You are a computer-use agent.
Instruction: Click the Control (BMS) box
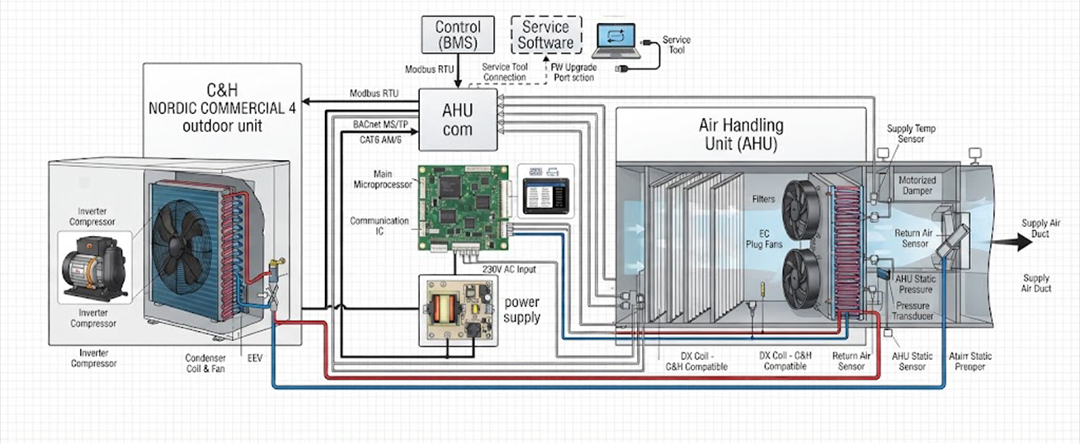[x=458, y=34]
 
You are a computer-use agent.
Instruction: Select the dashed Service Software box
[x=546, y=35]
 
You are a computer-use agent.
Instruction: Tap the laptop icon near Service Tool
[x=616, y=40]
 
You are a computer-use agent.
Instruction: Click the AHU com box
[x=458, y=120]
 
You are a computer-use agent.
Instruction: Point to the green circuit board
[x=463, y=208]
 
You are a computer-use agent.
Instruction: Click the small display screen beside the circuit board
[x=546, y=196]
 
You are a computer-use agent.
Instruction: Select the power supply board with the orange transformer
[x=458, y=310]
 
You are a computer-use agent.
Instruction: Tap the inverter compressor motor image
[x=94, y=267]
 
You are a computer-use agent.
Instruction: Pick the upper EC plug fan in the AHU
[x=801, y=210]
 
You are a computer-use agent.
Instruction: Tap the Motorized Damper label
[x=917, y=186]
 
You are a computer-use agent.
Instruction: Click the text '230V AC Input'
[x=509, y=270]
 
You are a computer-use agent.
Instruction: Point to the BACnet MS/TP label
[x=380, y=125]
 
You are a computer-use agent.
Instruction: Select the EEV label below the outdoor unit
[x=255, y=358]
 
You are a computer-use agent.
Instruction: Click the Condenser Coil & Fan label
[x=205, y=363]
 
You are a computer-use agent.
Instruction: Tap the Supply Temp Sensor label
[x=911, y=134]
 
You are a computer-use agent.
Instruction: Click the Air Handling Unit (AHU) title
[x=741, y=135]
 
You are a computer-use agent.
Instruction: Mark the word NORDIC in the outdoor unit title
[x=175, y=108]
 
